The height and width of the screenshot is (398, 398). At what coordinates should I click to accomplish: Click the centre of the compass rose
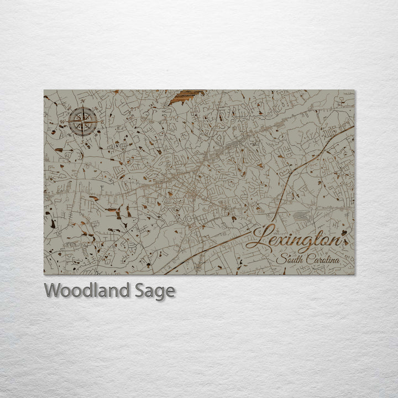tap(83, 121)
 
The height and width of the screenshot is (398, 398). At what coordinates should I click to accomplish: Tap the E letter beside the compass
tap(102, 121)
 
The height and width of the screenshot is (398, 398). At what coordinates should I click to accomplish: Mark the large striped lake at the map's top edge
tap(186, 97)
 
